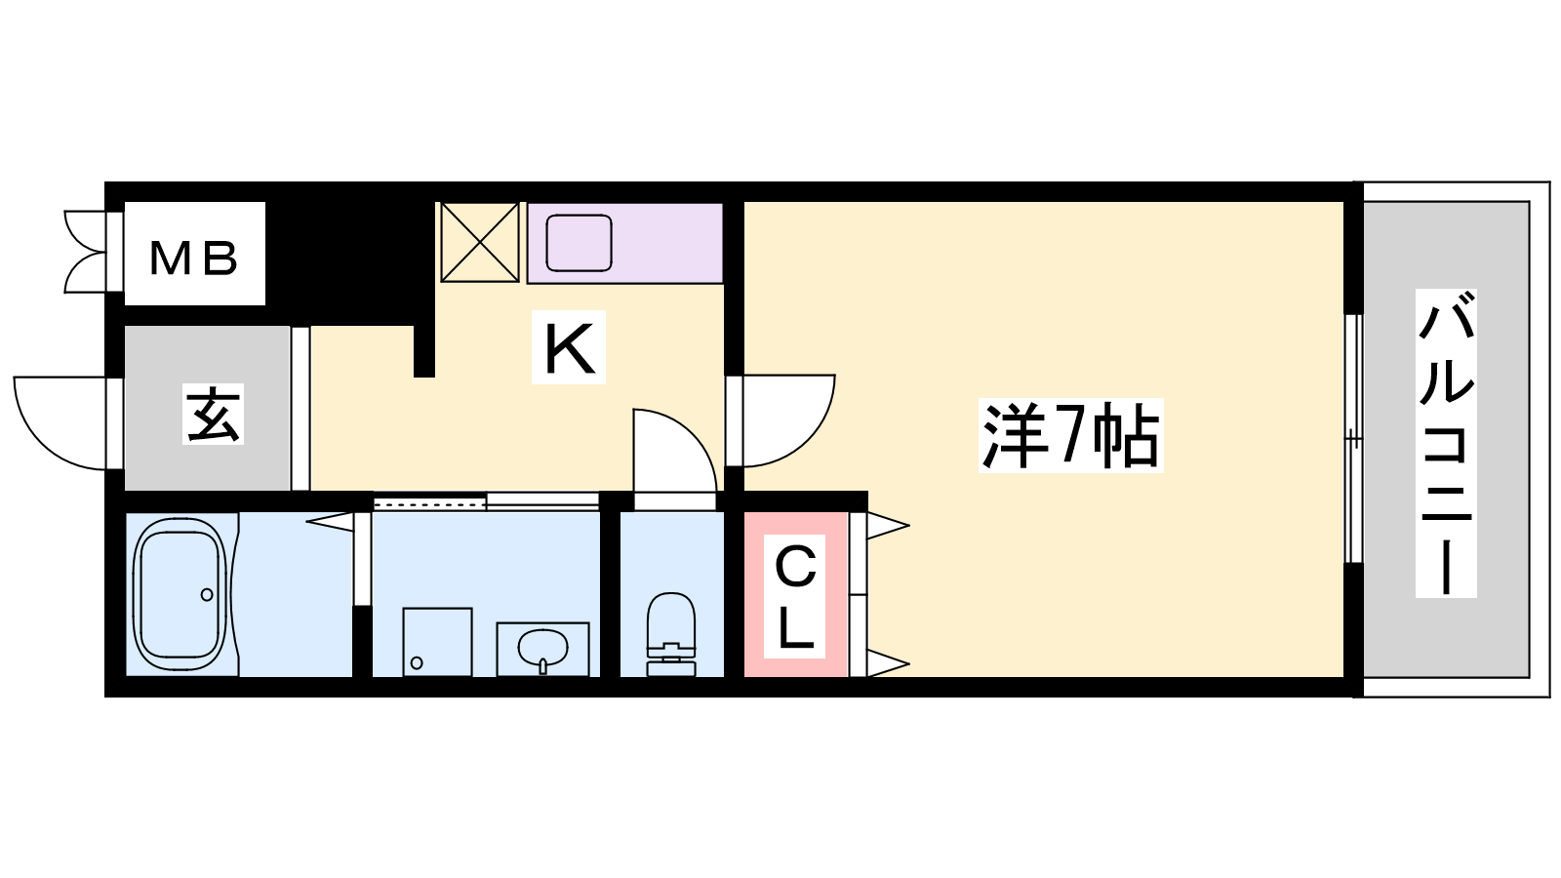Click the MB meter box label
point(194,258)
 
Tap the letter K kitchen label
point(569,348)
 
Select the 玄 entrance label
point(213,414)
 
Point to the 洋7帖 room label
point(1070,436)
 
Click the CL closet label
point(795,597)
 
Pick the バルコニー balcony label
point(1446,444)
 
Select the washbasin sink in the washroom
point(542,647)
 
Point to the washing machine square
point(437,641)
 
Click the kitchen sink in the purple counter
point(579,243)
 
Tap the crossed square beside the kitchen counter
point(479,242)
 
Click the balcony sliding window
point(1352,439)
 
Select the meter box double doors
point(86,252)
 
